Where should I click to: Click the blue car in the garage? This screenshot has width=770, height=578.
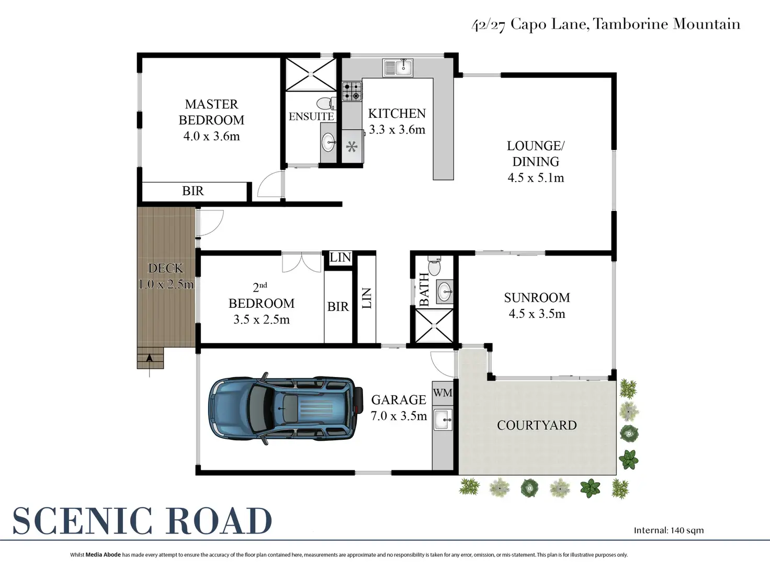286,409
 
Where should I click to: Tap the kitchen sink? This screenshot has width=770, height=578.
398,68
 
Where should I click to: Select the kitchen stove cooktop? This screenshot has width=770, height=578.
352,91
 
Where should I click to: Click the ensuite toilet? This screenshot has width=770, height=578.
326,103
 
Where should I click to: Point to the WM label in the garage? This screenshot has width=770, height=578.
443,392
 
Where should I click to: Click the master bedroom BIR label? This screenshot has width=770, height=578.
193,191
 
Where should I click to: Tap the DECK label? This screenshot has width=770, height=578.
166,268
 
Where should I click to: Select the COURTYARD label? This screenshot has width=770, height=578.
537,425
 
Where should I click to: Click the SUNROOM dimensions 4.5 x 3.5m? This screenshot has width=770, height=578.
537,314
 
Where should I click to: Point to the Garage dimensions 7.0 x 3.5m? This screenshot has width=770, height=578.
399,416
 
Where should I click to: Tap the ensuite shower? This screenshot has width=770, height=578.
311,75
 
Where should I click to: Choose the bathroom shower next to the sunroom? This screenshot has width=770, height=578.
434,326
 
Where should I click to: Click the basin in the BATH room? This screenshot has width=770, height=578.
445,291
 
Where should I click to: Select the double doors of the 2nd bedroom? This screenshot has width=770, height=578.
302,262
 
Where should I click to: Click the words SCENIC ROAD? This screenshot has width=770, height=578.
142,521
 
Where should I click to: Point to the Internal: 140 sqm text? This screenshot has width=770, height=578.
669,530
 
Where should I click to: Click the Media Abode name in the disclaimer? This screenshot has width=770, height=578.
103,555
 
